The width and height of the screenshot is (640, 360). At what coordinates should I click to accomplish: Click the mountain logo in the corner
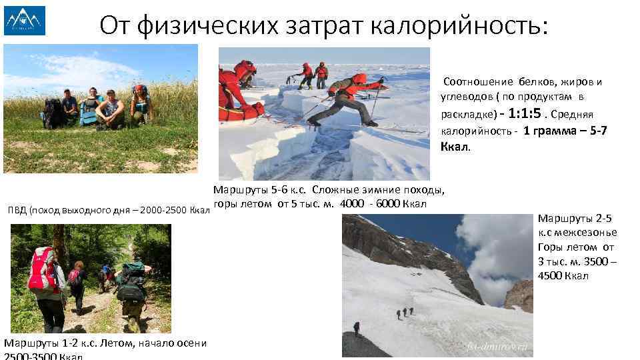pos(25,20)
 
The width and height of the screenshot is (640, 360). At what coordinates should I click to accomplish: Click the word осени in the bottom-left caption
pos(190,343)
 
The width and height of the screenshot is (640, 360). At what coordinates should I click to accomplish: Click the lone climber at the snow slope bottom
pos(356,328)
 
